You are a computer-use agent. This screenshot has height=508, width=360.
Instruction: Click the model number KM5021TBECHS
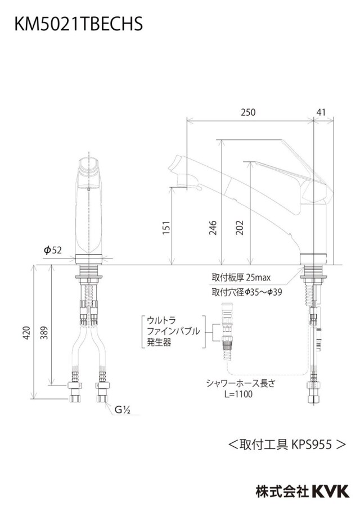coord(79,24)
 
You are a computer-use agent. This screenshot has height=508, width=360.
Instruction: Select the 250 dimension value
coord(248,112)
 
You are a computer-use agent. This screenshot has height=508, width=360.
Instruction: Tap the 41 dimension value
coord(321,112)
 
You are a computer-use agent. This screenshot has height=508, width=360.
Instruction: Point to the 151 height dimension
coord(166,228)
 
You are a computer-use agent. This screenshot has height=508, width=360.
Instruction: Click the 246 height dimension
coord(213,228)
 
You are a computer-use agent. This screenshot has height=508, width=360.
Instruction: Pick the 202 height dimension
coord(240,228)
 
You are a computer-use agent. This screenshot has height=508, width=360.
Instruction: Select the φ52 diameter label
coord(52,250)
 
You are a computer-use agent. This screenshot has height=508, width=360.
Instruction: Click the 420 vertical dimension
coord(26,333)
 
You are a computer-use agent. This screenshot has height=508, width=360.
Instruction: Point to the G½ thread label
coord(122,410)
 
